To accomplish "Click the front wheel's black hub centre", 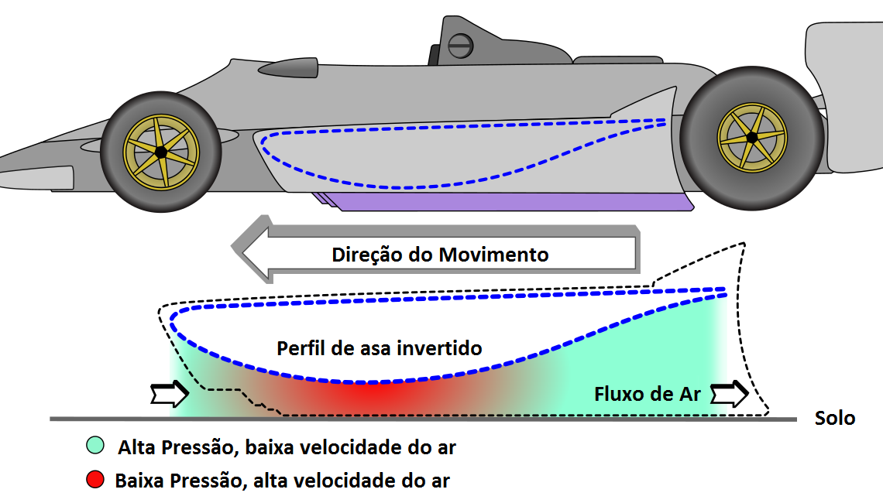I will (160, 152).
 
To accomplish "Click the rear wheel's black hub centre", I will (751, 138).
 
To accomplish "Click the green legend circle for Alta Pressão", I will (96, 447).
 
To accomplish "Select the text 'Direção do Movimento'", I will (440, 254).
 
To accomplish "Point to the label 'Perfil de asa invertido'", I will (380, 348).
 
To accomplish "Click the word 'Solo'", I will (835, 419).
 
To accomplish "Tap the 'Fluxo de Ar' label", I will (648, 394).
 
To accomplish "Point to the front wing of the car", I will (35, 172).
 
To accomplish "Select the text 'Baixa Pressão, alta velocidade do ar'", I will (282, 481).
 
